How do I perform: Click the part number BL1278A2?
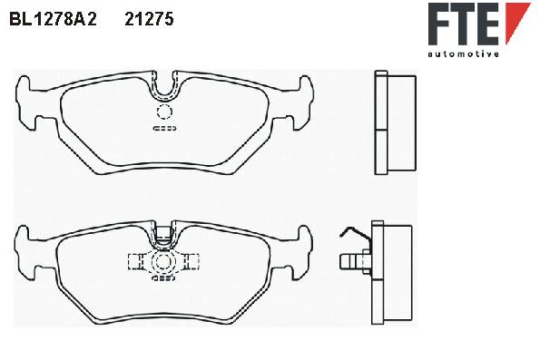point(53,20)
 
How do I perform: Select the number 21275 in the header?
point(149,20)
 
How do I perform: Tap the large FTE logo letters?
point(464,24)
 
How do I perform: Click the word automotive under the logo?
point(463,54)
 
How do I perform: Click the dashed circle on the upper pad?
point(164,112)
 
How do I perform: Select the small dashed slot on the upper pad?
point(164,129)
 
